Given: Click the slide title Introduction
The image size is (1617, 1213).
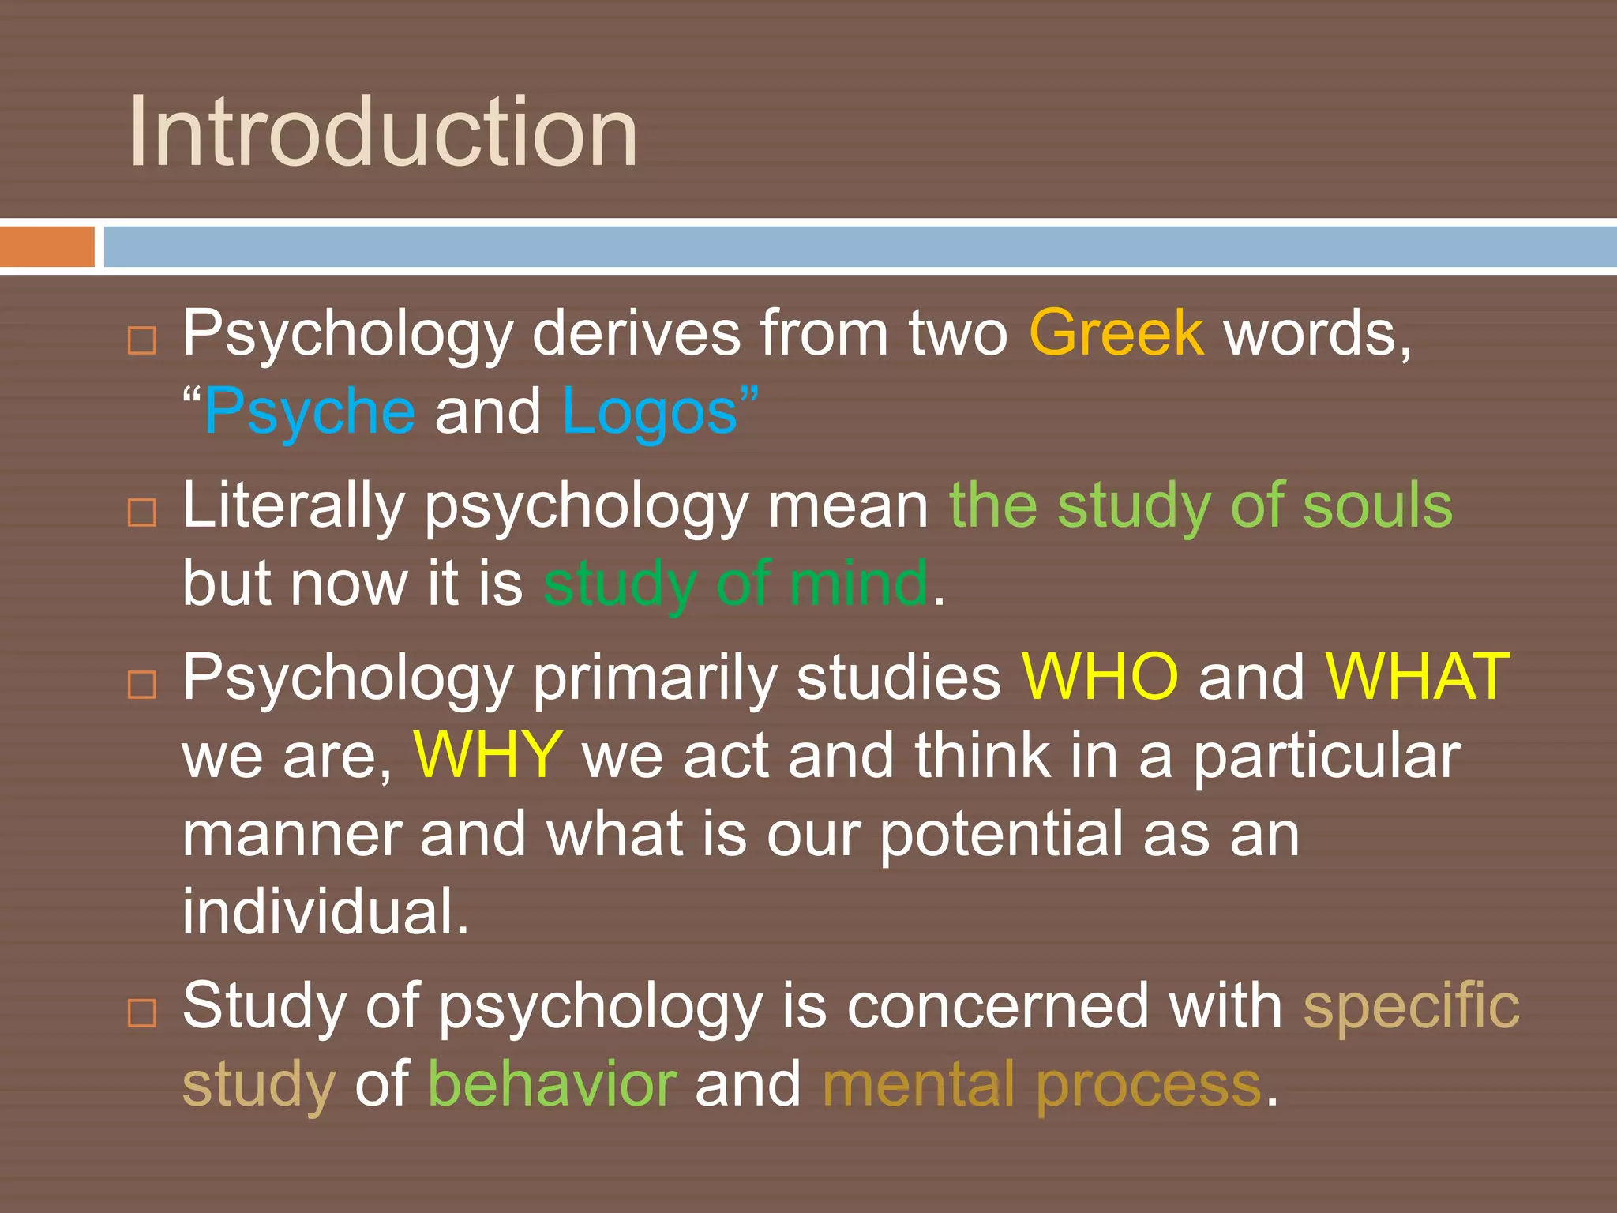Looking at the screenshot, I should click(383, 132).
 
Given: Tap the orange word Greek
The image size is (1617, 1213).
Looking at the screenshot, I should click(1116, 333).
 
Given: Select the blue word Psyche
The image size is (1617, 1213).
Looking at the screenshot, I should click(310, 412).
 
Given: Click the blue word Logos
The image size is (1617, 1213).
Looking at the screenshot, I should click(650, 412).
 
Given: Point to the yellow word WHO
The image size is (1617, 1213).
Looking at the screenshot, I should click(1100, 678).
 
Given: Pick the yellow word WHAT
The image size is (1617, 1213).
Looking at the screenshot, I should click(1417, 678).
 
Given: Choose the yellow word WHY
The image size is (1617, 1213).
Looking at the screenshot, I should click(488, 756).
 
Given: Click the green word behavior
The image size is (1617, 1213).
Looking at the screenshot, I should click(552, 1084).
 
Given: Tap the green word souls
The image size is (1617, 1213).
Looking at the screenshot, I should click(1377, 505).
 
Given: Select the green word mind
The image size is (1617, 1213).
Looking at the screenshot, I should click(858, 584).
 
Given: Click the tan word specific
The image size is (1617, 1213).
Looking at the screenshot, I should click(1411, 1006).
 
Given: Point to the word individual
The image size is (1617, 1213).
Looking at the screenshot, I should click(325, 911).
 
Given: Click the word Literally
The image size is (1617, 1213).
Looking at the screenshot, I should click(293, 507).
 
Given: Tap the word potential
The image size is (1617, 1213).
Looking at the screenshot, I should click(1000, 836).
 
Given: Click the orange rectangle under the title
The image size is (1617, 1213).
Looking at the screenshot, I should click(47, 246).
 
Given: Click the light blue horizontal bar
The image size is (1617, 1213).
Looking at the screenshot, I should click(860, 246).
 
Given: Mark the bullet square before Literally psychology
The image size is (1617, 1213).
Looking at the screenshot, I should click(142, 513).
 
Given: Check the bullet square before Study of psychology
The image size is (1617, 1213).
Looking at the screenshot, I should click(142, 1012).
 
